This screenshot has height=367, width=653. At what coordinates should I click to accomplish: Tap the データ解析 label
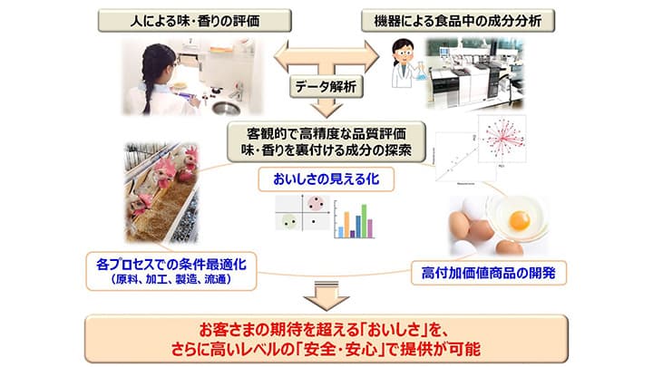point(326,88)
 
